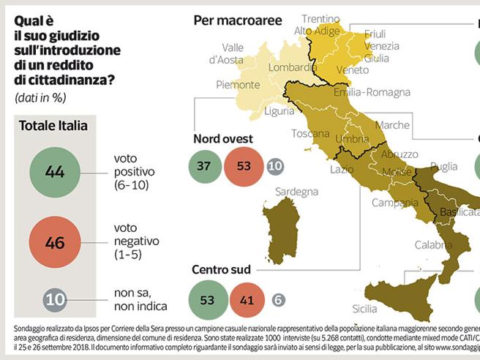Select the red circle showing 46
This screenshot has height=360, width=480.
tap(55, 242)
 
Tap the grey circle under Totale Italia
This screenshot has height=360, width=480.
tap(55, 299)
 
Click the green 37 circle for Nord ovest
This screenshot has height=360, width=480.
tap(203, 166)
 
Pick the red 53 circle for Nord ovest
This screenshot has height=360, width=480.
tap(244, 166)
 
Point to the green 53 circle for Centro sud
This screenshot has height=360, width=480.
tap(208, 299)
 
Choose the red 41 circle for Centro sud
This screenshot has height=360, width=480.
tap(247, 299)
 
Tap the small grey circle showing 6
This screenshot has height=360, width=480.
tap(278, 300)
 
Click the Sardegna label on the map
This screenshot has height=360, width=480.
tap(296, 192)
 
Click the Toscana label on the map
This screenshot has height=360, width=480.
tap(310, 134)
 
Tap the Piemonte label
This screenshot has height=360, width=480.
tap(239, 85)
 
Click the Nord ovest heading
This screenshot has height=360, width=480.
tap(222, 139)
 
